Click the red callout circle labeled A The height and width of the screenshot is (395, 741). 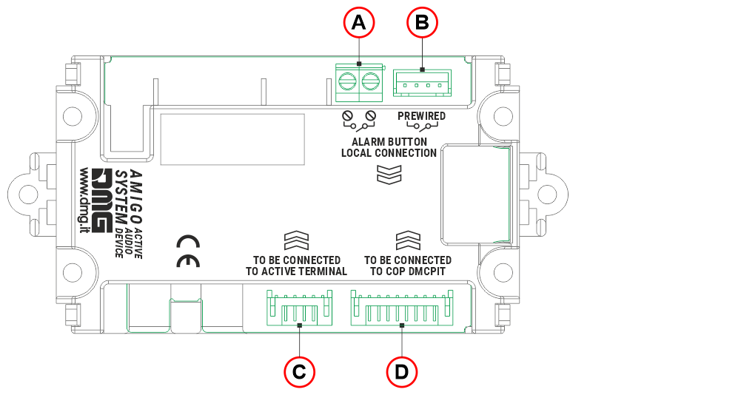tap(359, 23)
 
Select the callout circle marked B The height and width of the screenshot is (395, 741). tap(423, 23)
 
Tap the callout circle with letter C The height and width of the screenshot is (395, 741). tap(299, 371)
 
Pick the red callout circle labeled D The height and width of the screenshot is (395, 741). tap(401, 371)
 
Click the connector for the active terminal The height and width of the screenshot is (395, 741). tap(299, 309)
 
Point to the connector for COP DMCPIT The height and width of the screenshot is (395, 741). tap(400, 309)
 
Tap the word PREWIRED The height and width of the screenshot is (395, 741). tap(421, 116)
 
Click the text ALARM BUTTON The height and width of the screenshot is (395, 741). tap(389, 141)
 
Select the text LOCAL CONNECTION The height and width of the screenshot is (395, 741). tap(389, 153)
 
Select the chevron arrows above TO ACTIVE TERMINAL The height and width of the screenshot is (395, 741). tap(296, 240)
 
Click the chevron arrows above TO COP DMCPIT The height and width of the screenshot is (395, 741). tap(408, 240)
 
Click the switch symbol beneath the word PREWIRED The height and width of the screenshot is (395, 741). tap(421, 128)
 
